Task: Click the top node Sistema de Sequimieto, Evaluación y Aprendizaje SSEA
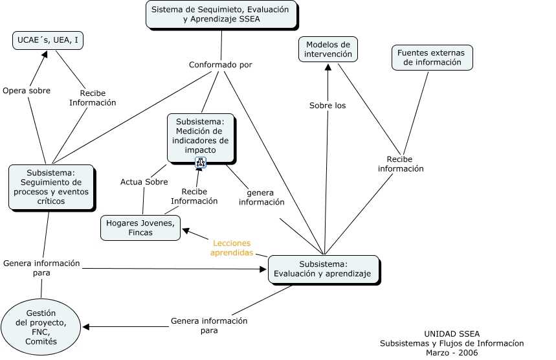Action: (221, 15)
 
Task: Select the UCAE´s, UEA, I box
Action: (48, 40)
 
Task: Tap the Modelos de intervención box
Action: (328, 49)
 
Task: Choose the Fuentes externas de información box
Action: (432, 58)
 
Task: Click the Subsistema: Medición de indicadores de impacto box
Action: (201, 139)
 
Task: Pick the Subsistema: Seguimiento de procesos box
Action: (52, 187)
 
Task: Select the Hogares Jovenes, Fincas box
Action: (140, 228)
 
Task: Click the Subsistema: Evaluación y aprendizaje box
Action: (324, 269)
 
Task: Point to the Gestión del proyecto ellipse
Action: (41, 327)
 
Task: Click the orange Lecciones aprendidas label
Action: (232, 248)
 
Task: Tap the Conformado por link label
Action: (221, 65)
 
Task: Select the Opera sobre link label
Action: (27, 91)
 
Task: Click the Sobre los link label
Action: (328, 106)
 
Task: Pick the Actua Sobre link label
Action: (144, 182)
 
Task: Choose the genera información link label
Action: (261, 197)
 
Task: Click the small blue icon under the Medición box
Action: (201, 163)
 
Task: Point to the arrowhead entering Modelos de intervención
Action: (328, 67)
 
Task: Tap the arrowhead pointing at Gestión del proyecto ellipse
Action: (86, 327)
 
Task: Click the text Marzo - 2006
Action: (452, 353)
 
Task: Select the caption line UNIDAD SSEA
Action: (452, 333)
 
